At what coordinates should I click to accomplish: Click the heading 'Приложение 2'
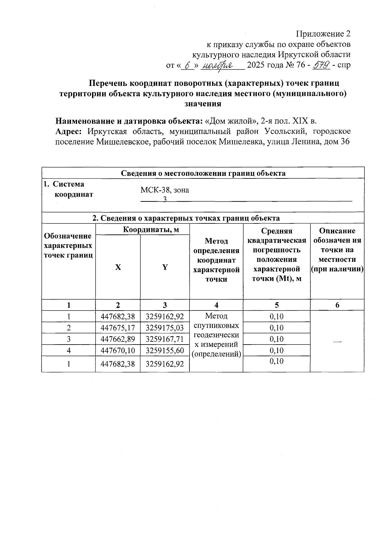[x=323, y=34]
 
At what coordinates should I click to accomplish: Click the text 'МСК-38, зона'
[x=165, y=190]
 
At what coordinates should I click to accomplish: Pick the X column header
[x=117, y=267]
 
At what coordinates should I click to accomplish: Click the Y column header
[x=165, y=267]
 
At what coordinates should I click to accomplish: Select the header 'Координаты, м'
[x=151, y=229]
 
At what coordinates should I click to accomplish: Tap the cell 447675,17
[x=117, y=328]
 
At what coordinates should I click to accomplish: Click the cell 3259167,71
[x=165, y=339]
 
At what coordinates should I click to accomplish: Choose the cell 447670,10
[x=117, y=351]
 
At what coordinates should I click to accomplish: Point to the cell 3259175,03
[x=165, y=328]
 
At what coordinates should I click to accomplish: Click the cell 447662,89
[x=117, y=339]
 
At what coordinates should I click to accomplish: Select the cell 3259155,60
[x=165, y=351]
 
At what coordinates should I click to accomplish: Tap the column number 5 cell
[x=276, y=305]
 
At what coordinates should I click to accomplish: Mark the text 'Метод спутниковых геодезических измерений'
[x=216, y=335]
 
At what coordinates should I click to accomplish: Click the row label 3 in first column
[x=68, y=339]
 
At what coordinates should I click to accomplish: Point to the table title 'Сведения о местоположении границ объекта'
[x=203, y=173]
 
